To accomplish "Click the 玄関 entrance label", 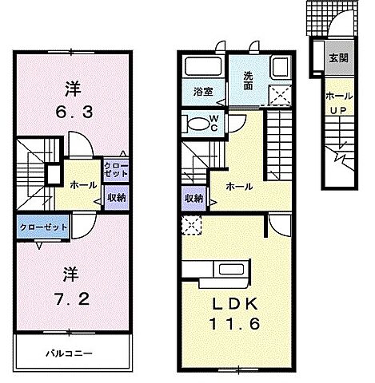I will [337, 59].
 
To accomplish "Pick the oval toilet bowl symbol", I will [195, 124].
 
